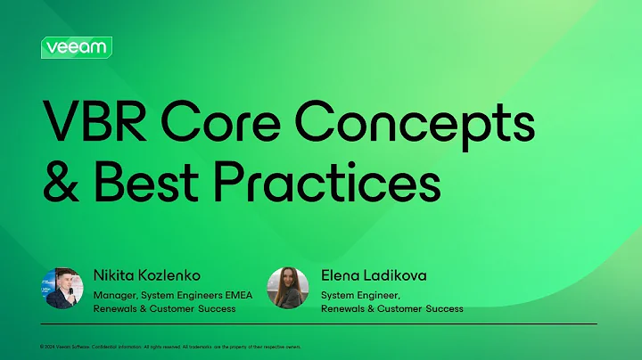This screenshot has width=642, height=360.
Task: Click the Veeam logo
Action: [76, 47]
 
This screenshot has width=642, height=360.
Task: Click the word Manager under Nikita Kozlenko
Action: [115, 294]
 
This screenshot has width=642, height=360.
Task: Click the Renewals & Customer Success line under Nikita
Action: [165, 309]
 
